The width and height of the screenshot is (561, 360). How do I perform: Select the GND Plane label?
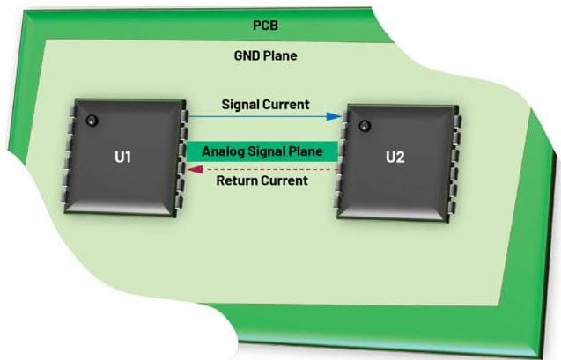coord(265,55)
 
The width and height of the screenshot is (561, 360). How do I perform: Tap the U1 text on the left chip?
coord(122,158)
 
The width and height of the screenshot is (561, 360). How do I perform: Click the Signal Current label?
coord(265,105)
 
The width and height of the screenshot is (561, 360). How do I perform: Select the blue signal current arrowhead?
coord(336,115)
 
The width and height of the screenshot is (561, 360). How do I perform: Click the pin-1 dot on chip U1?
coord(90,120)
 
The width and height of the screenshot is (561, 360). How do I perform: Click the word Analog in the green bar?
coord(223,151)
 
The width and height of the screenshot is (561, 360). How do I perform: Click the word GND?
coord(247,55)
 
